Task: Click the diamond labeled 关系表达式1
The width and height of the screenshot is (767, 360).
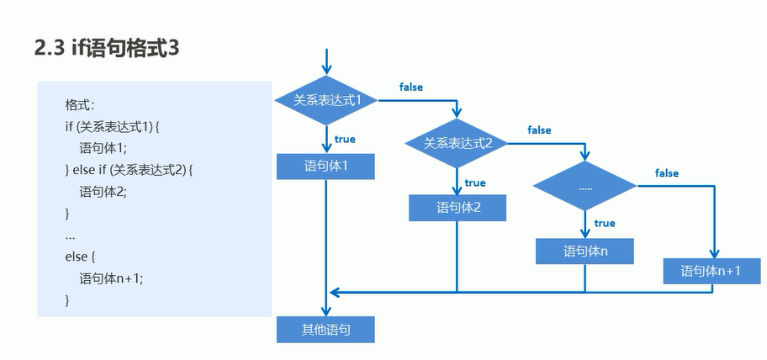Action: (326, 100)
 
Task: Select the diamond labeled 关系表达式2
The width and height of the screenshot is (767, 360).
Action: (458, 143)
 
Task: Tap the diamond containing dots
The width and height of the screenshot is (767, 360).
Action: (585, 188)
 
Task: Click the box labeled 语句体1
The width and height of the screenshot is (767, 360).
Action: (325, 167)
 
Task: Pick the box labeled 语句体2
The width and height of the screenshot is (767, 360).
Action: (458, 208)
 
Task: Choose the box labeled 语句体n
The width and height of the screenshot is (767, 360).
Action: (585, 251)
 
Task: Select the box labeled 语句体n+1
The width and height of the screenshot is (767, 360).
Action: (711, 271)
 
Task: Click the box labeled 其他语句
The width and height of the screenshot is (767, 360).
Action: (325, 330)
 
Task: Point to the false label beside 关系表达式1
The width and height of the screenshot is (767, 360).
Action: (411, 87)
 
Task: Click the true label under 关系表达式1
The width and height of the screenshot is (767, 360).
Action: (345, 139)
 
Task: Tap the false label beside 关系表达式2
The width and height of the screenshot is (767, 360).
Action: (539, 130)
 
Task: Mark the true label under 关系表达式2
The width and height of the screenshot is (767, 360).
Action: (475, 183)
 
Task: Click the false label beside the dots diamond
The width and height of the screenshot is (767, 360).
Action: (666, 173)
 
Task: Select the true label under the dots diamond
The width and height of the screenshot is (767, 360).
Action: (604, 223)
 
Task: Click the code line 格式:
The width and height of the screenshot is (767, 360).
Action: (80, 106)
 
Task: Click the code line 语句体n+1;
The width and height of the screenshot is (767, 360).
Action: (112, 278)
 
